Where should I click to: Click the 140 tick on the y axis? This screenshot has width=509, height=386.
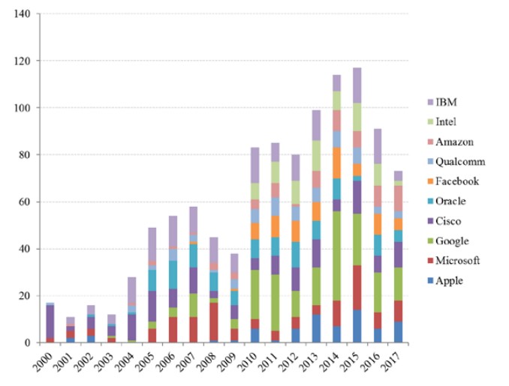20,13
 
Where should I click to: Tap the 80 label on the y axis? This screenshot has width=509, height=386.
23,154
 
